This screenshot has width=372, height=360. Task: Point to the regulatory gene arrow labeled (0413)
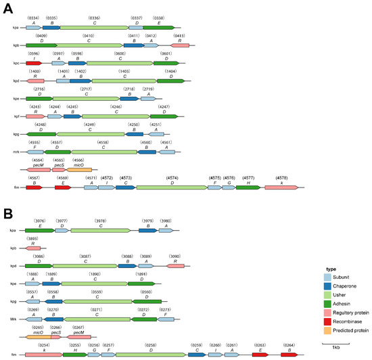(x=179, y=45)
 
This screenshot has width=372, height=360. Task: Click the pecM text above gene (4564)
(x=38, y=164)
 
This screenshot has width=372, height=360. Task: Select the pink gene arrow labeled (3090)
(x=175, y=266)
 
